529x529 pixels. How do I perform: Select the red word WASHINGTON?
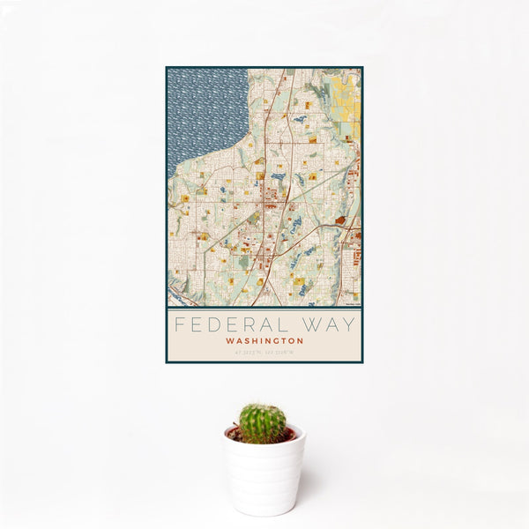[264, 340]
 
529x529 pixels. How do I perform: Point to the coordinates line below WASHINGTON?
[264, 352]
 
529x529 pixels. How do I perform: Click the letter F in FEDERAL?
[178, 324]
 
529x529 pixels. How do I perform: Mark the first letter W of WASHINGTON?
[228, 340]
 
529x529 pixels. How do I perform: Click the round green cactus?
[263, 423]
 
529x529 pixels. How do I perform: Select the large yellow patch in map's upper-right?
[346, 101]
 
